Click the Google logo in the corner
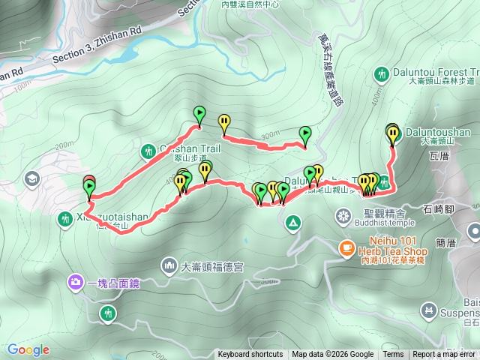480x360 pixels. [x=28, y=349]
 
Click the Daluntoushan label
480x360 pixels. [x=436, y=130]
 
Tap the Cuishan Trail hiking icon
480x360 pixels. [x=146, y=152]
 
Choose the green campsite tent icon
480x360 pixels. [x=291, y=221]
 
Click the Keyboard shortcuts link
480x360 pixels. [x=250, y=355]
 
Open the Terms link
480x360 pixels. [x=393, y=355]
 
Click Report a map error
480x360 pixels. [x=445, y=355]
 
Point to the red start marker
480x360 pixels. [x=88, y=180]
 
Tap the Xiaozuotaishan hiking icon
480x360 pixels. [x=65, y=218]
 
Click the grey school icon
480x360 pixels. [x=31, y=178]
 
